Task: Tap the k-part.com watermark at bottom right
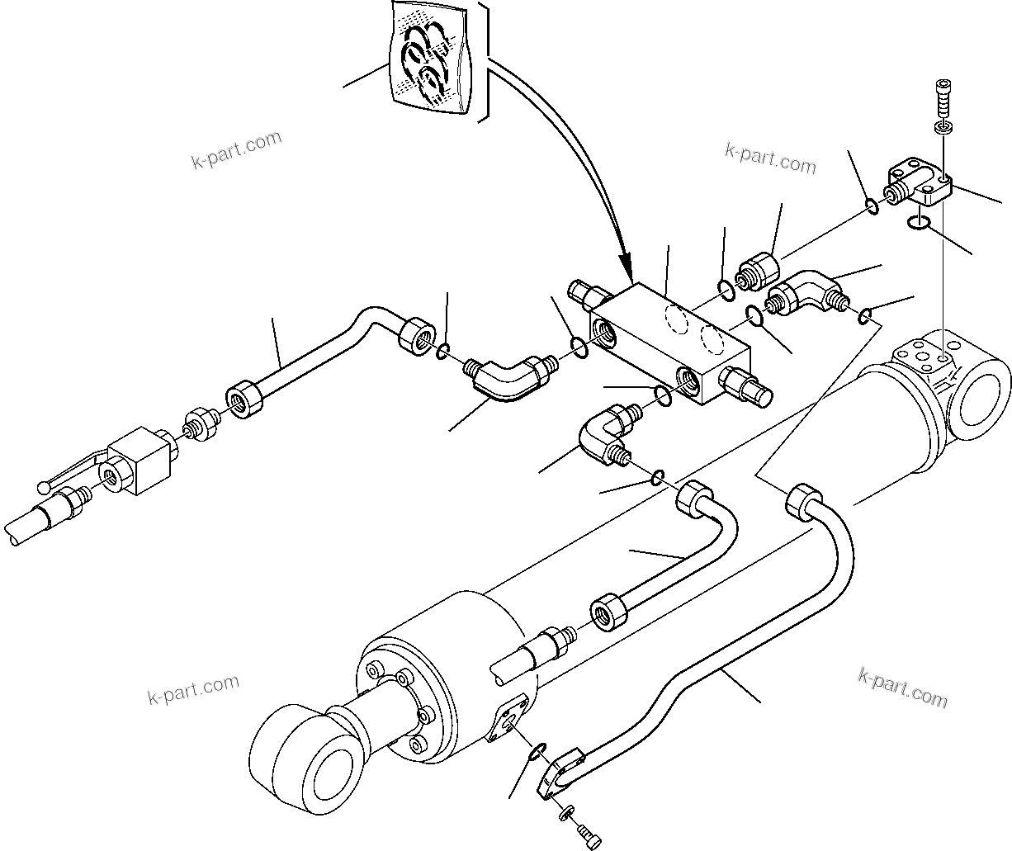(x=902, y=687)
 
